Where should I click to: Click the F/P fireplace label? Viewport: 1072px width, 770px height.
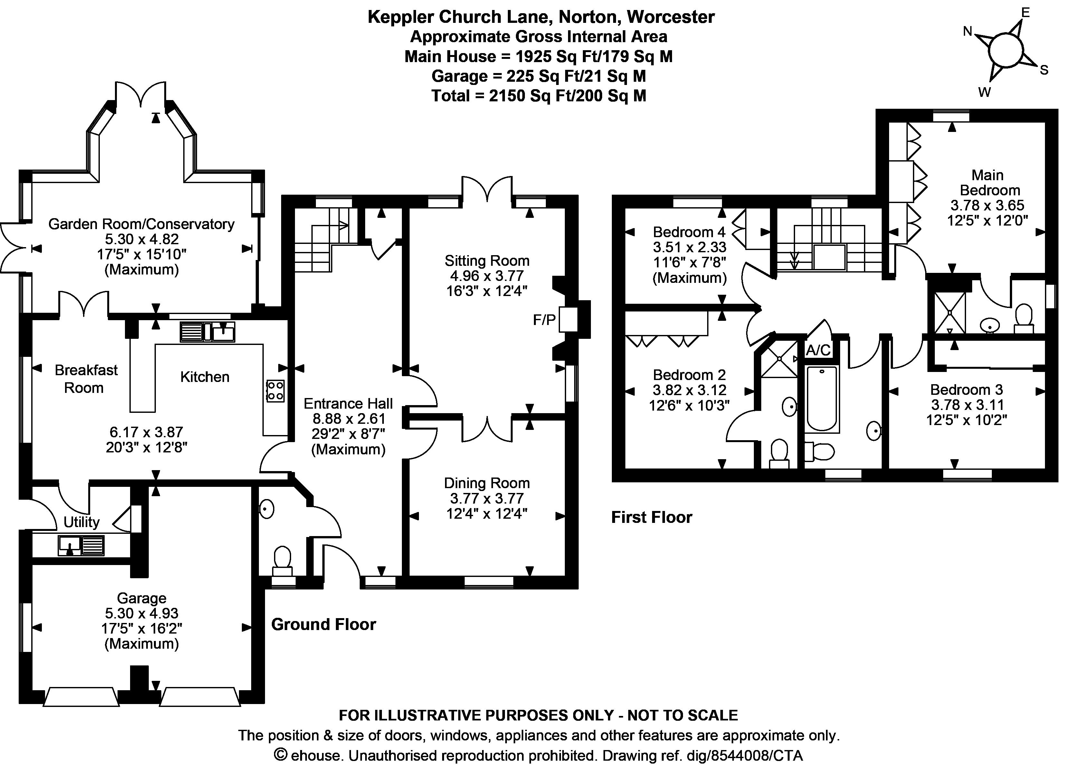tap(544, 320)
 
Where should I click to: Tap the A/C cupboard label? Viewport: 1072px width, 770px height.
tap(818, 350)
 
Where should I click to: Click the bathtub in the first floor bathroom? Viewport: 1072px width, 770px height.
tap(822, 399)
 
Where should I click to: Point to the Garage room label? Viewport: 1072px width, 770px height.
tap(141, 598)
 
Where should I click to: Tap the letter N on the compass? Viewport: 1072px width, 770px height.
tap(968, 32)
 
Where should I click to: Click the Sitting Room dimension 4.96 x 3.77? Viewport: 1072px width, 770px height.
tap(487, 276)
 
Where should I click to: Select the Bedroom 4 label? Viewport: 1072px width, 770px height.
tap(689, 232)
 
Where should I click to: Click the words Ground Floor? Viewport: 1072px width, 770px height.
tap(323, 625)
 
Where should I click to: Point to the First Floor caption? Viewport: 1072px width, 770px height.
tap(651, 517)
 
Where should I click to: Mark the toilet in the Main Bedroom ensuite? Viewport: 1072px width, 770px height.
tap(1024, 317)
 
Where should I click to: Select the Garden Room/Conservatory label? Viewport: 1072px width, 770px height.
tap(141, 224)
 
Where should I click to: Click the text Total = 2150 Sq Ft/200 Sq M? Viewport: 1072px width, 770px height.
tap(538, 96)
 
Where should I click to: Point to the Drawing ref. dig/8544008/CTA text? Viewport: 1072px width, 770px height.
tap(702, 756)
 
